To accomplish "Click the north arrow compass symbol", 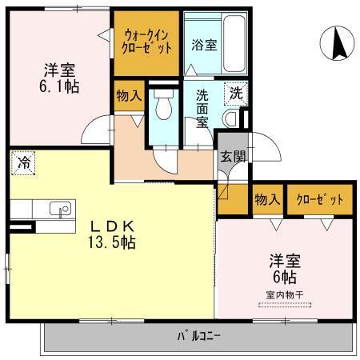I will click(x=337, y=42).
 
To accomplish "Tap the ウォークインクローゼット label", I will click(x=148, y=41).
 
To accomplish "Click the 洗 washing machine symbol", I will click(x=235, y=93).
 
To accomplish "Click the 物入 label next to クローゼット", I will click(x=266, y=199).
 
